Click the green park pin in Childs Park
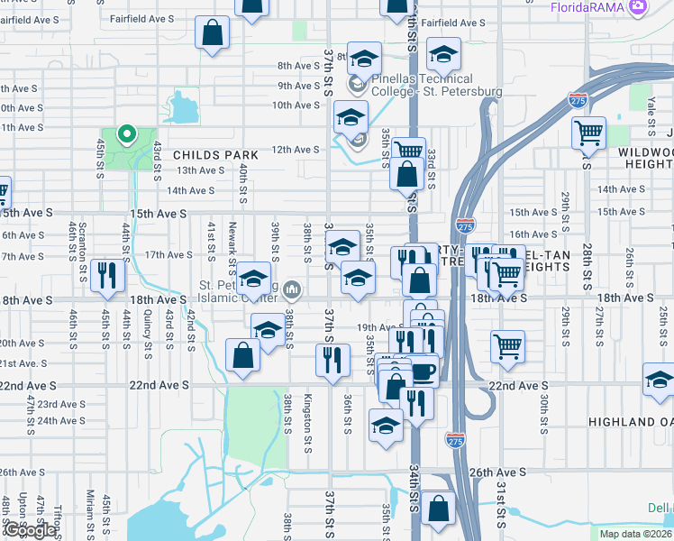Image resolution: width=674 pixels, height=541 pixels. tap(126, 136)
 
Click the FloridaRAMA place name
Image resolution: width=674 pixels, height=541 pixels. tap(589, 7)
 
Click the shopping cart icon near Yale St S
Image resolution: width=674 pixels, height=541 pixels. tap(588, 133)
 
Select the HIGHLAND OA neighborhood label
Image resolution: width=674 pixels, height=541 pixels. tap(630, 422)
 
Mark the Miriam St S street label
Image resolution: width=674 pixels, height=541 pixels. tap(90, 510)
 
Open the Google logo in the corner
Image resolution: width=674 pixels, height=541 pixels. tap(29, 530)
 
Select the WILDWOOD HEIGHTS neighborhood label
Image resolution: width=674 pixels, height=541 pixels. tap(646, 159)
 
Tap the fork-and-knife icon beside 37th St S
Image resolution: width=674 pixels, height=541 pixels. tap(332, 361)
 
